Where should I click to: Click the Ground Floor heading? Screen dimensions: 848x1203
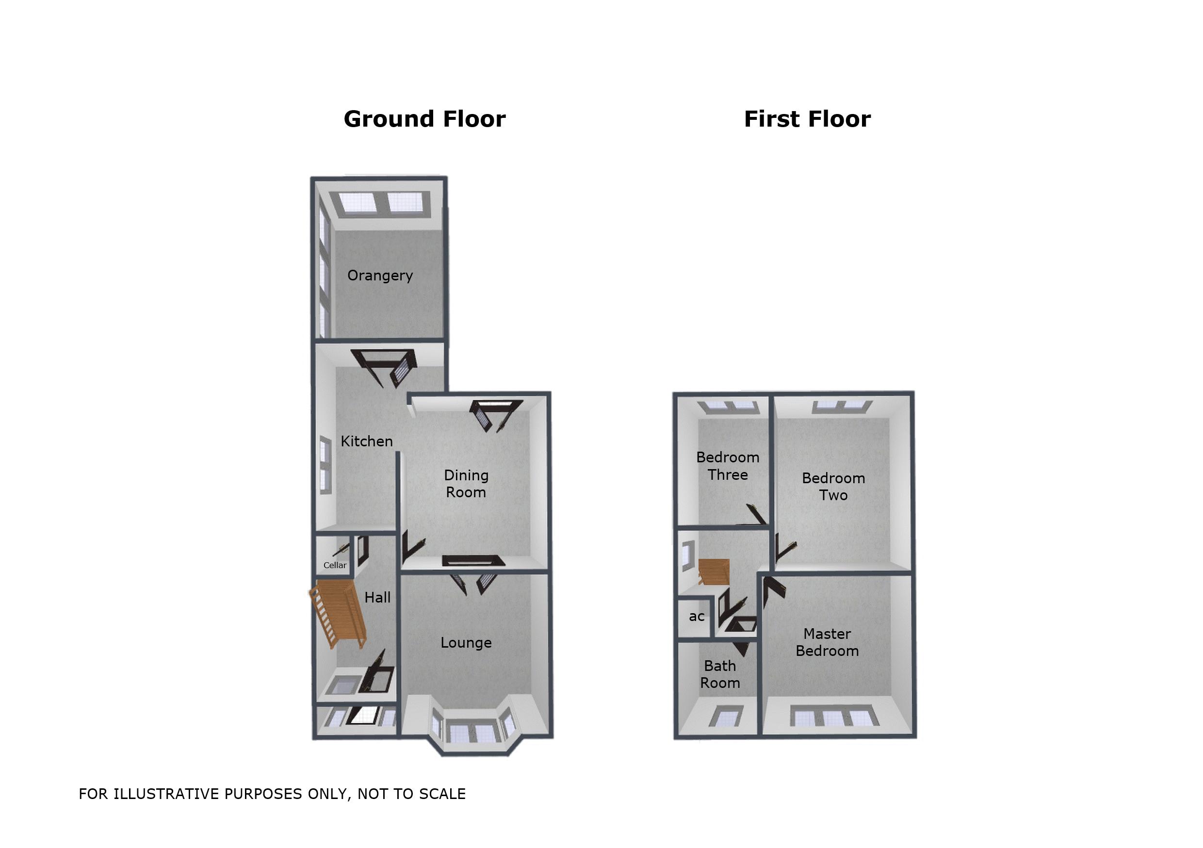tap(424, 119)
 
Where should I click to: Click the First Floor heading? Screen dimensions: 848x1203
tap(807, 119)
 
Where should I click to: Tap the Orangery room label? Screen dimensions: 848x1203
tap(380, 276)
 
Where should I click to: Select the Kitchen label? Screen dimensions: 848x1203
tap(366, 441)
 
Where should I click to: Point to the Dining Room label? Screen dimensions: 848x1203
tap(466, 484)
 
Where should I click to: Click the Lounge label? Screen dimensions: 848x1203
tap(466, 643)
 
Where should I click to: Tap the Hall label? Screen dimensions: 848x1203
tap(377, 598)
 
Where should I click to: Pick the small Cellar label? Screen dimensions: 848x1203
tap(335, 565)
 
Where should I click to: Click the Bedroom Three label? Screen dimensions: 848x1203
tap(727, 466)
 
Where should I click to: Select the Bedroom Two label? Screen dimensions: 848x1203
tap(833, 487)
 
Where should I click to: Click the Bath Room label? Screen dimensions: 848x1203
tap(720, 674)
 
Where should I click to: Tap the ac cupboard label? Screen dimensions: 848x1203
tap(697, 616)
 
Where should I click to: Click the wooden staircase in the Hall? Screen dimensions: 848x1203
tap(337, 616)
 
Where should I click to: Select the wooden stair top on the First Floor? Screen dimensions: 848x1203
tap(714, 572)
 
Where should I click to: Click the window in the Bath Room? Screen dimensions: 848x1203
tap(726, 716)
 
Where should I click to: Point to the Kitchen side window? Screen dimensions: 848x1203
tap(325, 464)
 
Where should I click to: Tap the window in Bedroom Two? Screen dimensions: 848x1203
tap(842, 406)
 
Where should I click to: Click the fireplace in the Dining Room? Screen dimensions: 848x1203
tap(473, 560)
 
